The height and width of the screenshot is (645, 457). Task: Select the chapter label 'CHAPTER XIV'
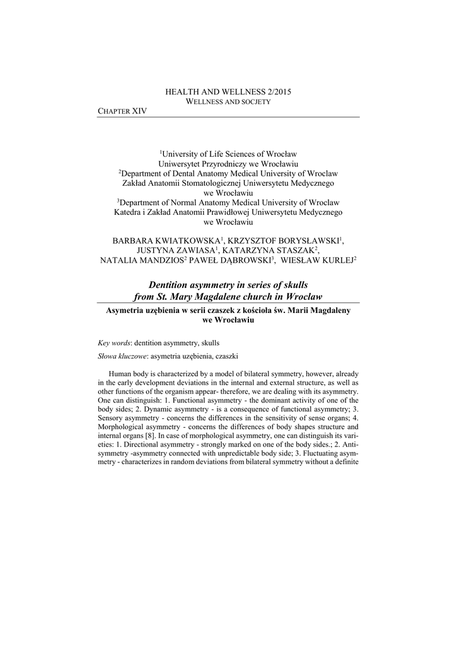coord(122,111)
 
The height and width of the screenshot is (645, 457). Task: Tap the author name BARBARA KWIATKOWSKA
coord(165,241)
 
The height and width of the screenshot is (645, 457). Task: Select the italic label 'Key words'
coord(114,343)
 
